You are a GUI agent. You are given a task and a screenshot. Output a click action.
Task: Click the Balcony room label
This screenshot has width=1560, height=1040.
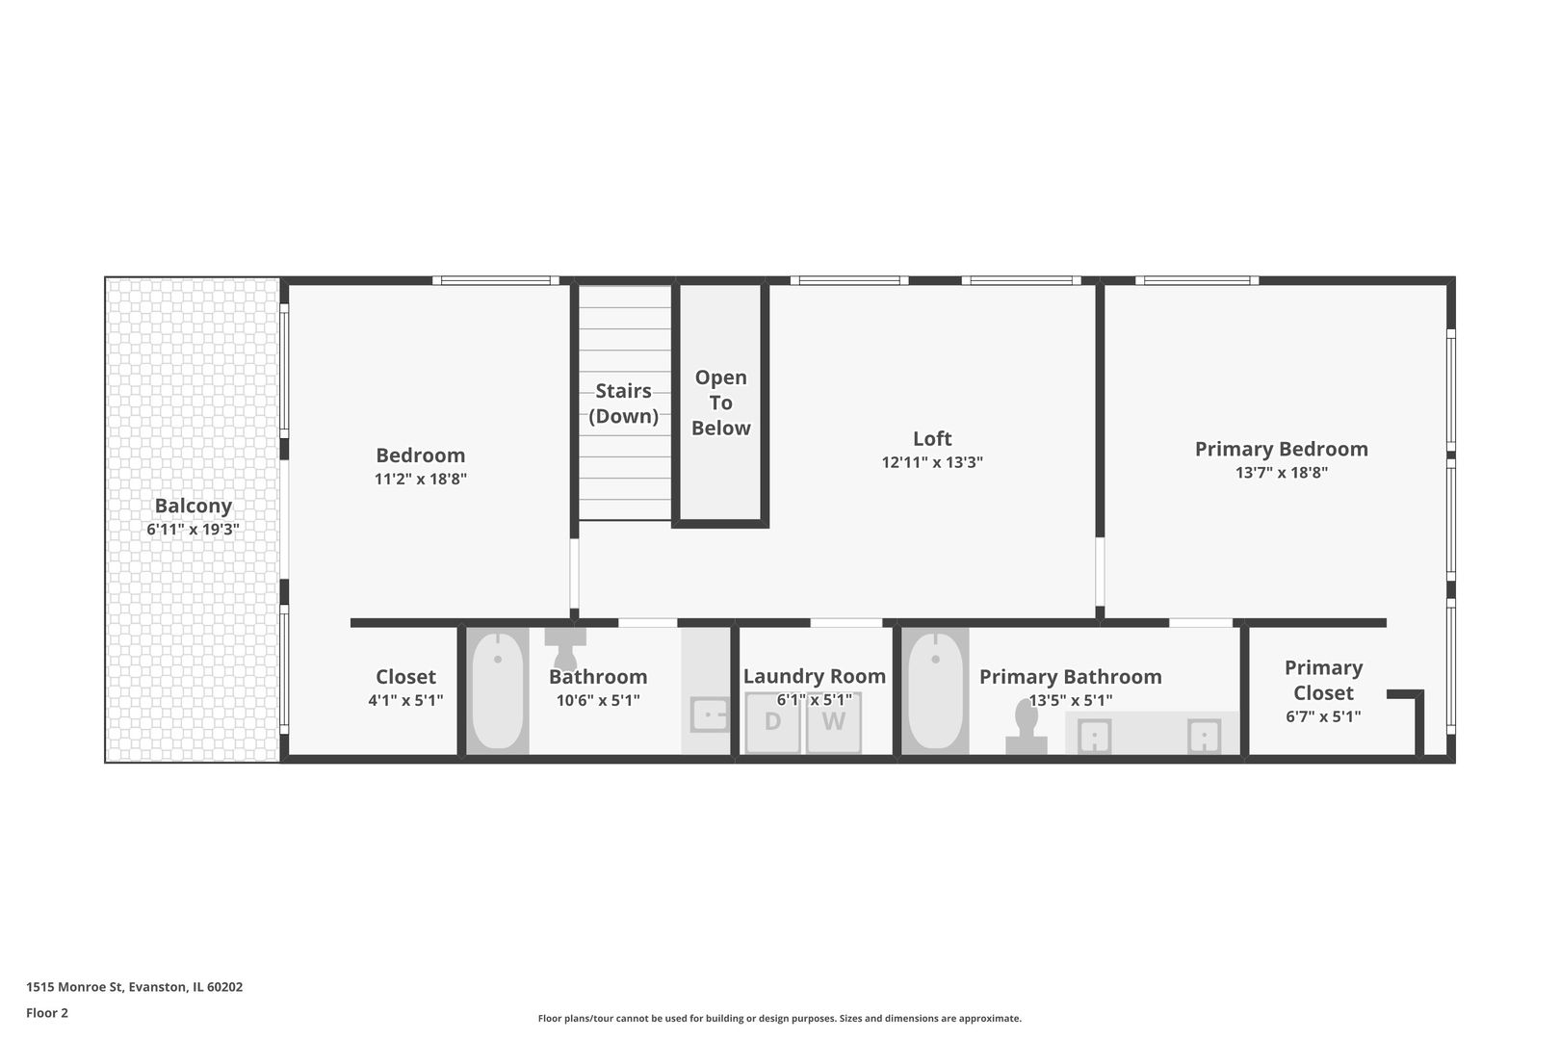click(x=193, y=506)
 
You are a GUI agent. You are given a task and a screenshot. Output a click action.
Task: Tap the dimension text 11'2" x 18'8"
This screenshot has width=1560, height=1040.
click(x=420, y=479)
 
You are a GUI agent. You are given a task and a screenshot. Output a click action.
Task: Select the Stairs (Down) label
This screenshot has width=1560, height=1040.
click(x=623, y=403)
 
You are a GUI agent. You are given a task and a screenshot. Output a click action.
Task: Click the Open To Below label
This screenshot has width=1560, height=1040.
click(x=720, y=403)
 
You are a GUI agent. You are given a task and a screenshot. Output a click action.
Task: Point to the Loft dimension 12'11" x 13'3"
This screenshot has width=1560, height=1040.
click(x=931, y=462)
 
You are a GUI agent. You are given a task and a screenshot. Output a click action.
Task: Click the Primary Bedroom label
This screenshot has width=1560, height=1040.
click(x=1281, y=449)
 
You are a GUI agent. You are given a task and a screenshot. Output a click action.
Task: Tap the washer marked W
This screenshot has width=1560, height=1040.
click(x=833, y=721)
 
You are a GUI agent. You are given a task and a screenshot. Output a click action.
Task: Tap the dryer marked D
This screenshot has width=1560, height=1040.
click(x=772, y=721)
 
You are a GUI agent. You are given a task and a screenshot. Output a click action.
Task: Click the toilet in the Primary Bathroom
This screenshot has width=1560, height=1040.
click(x=1026, y=727)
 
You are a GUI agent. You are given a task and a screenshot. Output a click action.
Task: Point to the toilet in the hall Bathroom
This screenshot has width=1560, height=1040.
click(x=565, y=647)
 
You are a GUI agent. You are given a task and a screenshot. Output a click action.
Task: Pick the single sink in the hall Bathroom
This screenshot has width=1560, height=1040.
click(x=710, y=715)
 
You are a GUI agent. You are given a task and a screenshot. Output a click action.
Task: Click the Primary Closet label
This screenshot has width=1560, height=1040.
click(x=1322, y=680)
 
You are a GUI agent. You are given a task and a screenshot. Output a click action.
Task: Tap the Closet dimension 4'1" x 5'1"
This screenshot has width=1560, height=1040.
click(x=405, y=700)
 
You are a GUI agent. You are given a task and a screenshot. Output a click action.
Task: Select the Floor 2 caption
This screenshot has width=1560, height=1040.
click(x=47, y=1012)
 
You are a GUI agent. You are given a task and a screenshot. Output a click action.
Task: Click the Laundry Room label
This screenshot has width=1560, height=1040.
click(x=814, y=676)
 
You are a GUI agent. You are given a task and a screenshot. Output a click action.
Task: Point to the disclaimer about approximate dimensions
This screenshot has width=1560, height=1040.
click(x=779, y=1018)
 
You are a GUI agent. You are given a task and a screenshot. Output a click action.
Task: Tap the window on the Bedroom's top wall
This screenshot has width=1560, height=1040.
click(x=495, y=280)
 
